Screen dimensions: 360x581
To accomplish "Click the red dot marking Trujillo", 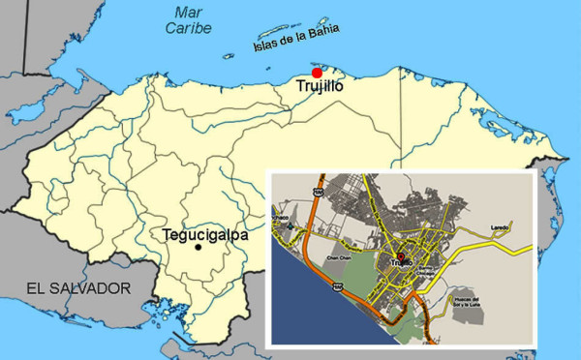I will [x=317, y=73].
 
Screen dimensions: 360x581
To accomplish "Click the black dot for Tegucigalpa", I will [x=199, y=248].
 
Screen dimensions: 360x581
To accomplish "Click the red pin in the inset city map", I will [x=401, y=256].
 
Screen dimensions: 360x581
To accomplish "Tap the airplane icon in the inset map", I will [x=290, y=225].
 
